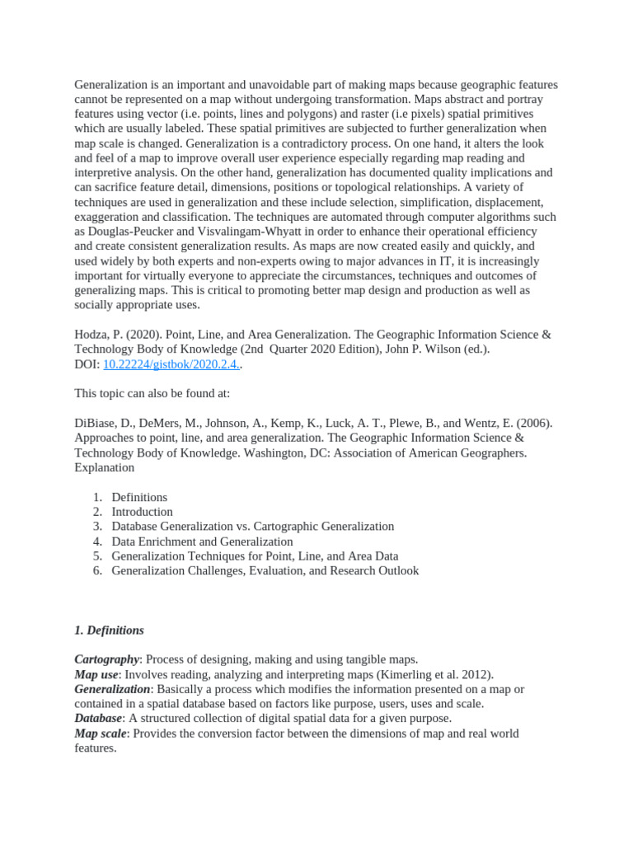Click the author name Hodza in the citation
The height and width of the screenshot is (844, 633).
coord(93,335)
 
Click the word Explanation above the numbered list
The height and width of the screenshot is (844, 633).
coord(104,467)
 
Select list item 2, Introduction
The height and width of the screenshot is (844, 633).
coord(142,512)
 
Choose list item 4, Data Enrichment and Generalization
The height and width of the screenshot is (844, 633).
coord(202,542)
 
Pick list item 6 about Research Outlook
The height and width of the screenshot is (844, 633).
coord(265,570)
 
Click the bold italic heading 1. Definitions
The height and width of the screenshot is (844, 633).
coord(109,630)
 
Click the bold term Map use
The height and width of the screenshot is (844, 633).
coord(96,674)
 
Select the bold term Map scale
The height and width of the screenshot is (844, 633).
coord(100,733)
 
